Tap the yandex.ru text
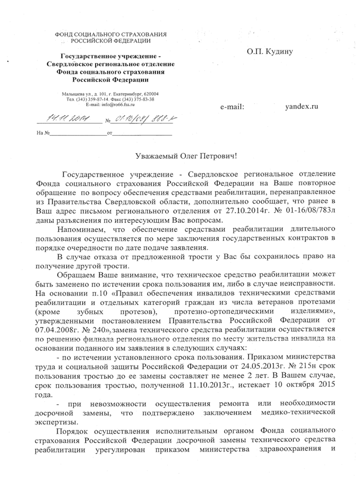tap(301, 107)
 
